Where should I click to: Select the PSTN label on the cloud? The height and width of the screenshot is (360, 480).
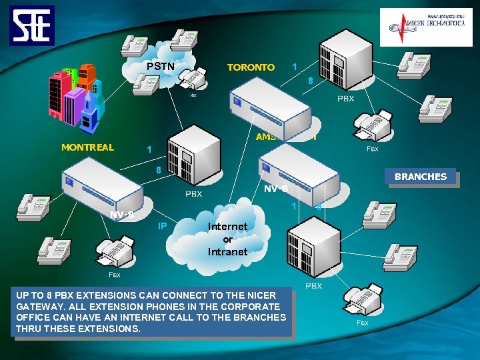(x=161, y=67)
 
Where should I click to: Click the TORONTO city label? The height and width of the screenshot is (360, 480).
(x=251, y=67)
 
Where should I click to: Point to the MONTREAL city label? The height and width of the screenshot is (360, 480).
(x=87, y=147)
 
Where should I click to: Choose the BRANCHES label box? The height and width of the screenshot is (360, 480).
(x=421, y=177)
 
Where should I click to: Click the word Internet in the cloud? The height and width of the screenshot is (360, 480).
(x=227, y=227)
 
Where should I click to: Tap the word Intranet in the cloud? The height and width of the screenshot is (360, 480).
(x=227, y=252)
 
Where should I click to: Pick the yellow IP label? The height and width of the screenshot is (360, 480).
(x=162, y=226)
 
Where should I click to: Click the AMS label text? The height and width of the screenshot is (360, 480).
(x=266, y=137)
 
